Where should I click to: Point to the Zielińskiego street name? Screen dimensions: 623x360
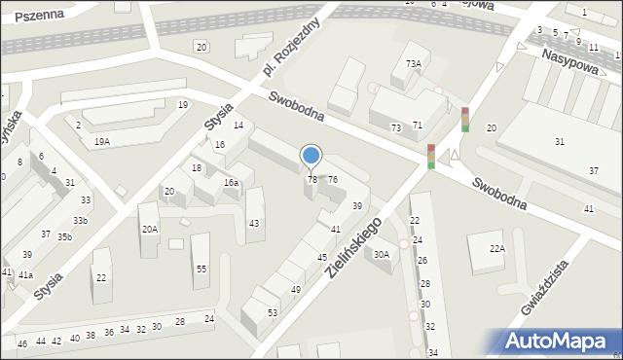[359, 248]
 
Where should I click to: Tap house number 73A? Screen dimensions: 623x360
[414, 64]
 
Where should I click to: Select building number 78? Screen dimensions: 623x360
[312, 180]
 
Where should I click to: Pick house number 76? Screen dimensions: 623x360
[333, 180]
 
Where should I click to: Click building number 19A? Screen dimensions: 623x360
[101, 142]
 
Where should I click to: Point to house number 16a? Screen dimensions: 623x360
[231, 183]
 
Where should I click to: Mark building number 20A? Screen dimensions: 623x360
[149, 230]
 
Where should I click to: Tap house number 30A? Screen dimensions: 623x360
[382, 255]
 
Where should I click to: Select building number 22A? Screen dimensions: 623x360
[497, 249]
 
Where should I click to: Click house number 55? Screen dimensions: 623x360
[202, 269]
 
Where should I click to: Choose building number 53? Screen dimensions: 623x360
[272, 312]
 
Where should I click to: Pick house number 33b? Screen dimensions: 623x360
[80, 221]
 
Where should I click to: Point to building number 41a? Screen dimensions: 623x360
[25, 275]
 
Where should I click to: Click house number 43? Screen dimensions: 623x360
[254, 225]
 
